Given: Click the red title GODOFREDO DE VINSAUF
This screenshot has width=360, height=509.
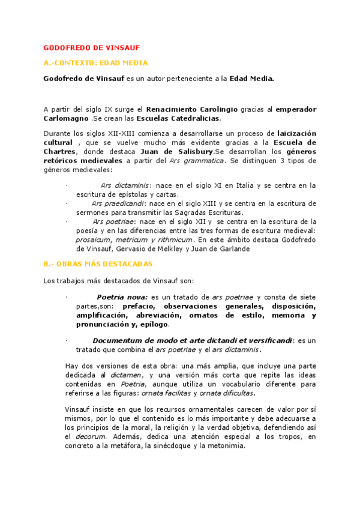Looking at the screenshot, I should tap(92, 47).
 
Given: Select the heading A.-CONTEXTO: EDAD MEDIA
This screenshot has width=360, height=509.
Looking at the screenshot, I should tap(96, 62).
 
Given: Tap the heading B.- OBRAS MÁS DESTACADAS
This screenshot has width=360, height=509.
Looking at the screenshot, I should tap(98, 264).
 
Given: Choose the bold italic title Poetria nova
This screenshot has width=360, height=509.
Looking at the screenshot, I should tap(122, 297).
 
